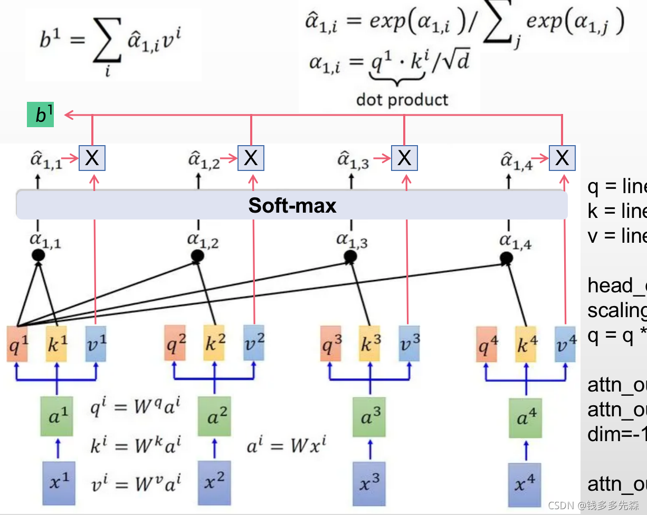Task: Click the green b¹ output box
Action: (x=41, y=116)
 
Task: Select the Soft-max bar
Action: (x=292, y=205)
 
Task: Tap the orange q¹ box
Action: (x=17, y=344)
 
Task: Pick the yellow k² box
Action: (x=215, y=344)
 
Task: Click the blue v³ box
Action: (x=409, y=344)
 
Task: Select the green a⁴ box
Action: (x=525, y=418)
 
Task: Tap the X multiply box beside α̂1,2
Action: (x=251, y=157)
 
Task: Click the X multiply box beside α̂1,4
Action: (x=562, y=157)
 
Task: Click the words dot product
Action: (x=402, y=99)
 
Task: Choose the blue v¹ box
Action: (x=96, y=344)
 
